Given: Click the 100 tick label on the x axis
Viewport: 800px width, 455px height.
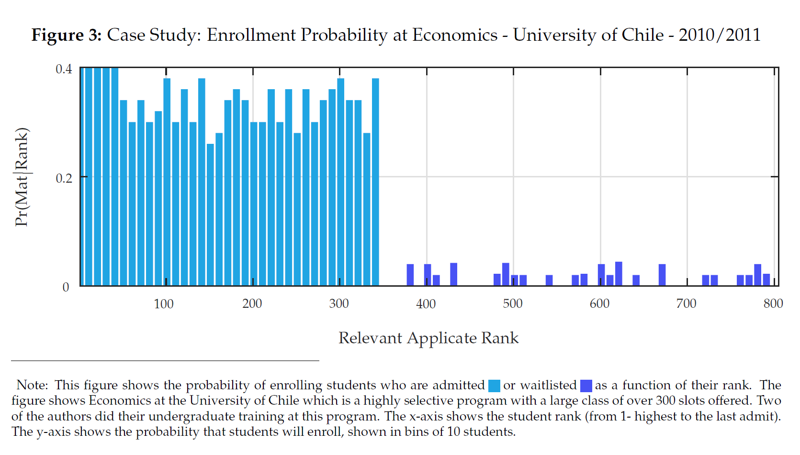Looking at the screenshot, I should tap(163, 304).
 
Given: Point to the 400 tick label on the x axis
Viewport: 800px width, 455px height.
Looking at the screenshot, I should tap(426, 304).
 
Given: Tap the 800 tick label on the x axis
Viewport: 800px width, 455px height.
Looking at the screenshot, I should tap(773, 304).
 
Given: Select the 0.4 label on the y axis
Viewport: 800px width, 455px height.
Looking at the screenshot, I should tap(64, 69).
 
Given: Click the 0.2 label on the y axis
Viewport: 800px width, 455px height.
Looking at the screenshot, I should tap(64, 178).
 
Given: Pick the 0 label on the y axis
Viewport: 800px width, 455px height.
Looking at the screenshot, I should tap(66, 287).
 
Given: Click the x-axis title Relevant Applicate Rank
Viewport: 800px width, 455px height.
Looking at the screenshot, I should tap(428, 338).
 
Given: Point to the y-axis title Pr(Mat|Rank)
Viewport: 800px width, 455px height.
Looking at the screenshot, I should tap(22, 177).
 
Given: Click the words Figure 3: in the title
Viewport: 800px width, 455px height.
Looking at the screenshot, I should tap(67, 35).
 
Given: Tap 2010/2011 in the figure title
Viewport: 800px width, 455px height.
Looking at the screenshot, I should tap(719, 35).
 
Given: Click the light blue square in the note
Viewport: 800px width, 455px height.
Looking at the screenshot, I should tap(494, 386).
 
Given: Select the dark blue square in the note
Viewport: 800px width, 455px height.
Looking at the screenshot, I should tap(586, 386).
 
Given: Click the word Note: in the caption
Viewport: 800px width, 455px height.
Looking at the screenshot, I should tap(32, 385).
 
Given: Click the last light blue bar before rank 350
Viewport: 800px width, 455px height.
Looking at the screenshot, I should tap(375, 182).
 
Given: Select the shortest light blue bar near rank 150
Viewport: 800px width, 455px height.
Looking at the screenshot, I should tap(210, 215).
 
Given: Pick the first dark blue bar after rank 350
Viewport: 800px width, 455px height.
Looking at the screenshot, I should tap(410, 275).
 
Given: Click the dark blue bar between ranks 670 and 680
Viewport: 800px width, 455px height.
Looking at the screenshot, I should tap(662, 275).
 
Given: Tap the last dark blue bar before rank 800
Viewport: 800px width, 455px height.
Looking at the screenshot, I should tap(766, 280).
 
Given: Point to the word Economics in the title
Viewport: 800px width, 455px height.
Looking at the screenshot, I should tap(455, 35).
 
